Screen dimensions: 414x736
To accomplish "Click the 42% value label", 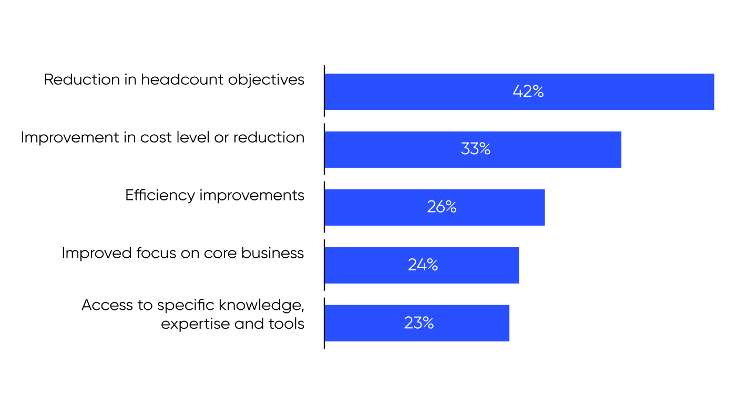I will tap(528, 92).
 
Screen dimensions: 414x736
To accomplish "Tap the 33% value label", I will tap(475, 149).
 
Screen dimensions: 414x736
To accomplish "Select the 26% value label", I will tap(442, 207).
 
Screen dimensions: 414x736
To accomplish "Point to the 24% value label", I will tap(423, 265).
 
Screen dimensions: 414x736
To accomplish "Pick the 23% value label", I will tap(418, 322).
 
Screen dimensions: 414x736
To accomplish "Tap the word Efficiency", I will tap(160, 196).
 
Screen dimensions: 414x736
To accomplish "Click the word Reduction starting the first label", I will tap(75, 79).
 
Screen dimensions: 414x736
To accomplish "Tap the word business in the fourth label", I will tap(272, 254).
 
